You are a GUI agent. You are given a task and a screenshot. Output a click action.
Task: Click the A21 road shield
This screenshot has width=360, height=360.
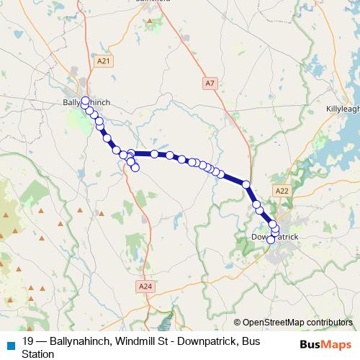pyautogui.click(x=104, y=62)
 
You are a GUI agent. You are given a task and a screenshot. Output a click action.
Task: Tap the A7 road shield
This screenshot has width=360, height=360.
pyautogui.click(x=210, y=84)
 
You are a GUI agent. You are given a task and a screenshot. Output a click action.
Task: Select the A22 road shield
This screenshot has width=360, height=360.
pyautogui.click(x=282, y=190)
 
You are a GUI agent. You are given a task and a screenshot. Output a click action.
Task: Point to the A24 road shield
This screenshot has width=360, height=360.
pyautogui.click(x=145, y=286)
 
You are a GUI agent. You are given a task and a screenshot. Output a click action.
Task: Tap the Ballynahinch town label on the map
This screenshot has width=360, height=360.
pyautogui.click(x=84, y=103)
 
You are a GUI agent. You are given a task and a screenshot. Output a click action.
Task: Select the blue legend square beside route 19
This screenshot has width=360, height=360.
pyautogui.click(x=10, y=344)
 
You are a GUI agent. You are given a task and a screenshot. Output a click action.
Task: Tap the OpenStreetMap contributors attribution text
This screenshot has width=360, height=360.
pyautogui.click(x=297, y=322)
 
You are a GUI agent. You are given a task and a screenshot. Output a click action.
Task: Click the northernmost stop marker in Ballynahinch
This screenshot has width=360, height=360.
pyautogui.click(x=86, y=100)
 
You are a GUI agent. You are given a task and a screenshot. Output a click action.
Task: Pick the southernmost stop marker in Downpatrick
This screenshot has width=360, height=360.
pyautogui.click(x=271, y=240)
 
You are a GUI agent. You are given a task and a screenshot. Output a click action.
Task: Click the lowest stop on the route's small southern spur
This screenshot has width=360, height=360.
pyautogui.click(x=135, y=168)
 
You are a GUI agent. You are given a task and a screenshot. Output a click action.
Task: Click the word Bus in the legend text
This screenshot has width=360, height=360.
pyautogui.click(x=251, y=341)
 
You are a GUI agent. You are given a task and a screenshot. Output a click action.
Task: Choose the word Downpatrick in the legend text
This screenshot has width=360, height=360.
pyautogui.click(x=209, y=341)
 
